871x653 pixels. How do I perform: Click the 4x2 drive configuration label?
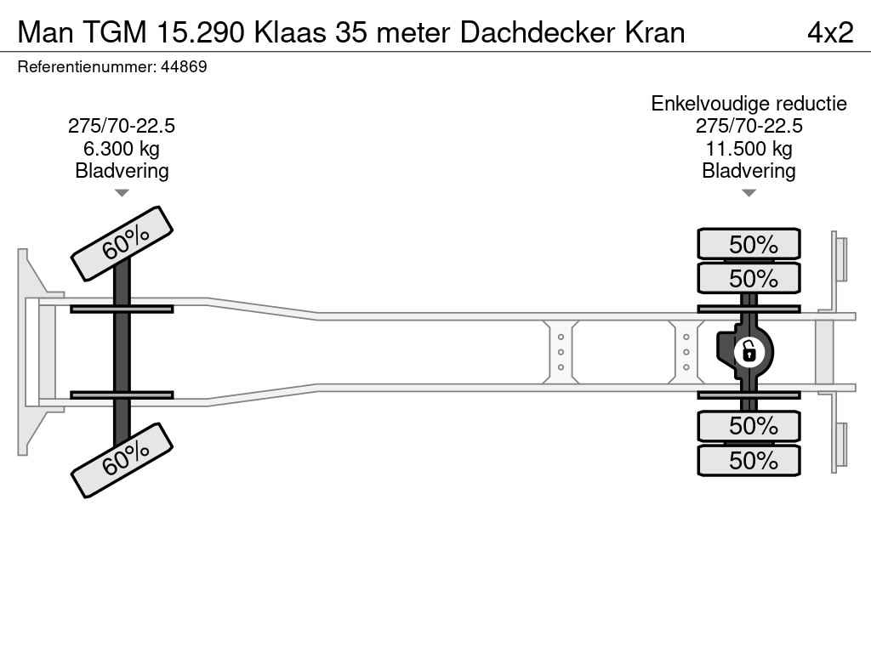(830, 33)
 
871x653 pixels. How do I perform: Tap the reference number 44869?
(184, 66)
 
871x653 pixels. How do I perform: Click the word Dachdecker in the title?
(538, 33)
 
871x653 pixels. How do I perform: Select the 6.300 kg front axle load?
(122, 149)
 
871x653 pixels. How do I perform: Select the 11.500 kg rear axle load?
(749, 149)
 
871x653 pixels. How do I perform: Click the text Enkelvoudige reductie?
(749, 104)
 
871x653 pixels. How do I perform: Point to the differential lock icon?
(749, 352)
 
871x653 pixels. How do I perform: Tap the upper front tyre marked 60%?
(122, 243)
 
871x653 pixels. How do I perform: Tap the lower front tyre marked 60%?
(122, 460)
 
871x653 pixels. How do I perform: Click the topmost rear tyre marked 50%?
(749, 244)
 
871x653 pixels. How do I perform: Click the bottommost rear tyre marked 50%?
(749, 460)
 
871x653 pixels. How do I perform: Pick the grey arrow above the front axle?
(122, 193)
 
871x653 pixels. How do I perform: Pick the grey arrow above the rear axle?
(749, 193)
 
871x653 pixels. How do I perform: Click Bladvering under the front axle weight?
(122, 171)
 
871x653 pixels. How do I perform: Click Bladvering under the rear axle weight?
(749, 171)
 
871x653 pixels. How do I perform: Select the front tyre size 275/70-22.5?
(122, 126)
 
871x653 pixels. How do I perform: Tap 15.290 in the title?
(201, 33)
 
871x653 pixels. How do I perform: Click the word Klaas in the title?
(290, 33)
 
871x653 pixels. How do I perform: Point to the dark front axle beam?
(122, 352)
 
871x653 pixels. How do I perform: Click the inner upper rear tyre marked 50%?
(749, 278)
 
